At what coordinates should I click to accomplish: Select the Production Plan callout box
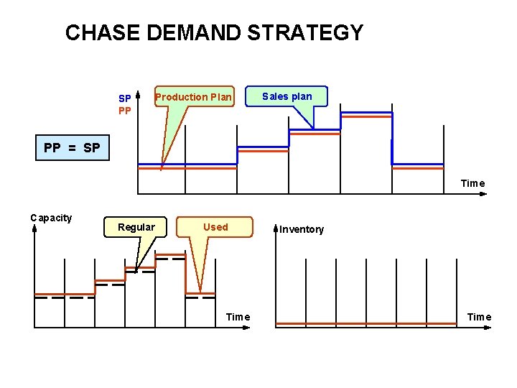[x=194, y=97]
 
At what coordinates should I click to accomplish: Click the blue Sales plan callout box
[x=287, y=96]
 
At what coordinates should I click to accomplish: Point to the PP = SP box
[x=72, y=148]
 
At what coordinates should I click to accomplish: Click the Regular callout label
[x=136, y=227]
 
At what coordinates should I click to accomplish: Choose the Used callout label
[x=215, y=227]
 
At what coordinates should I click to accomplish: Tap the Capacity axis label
[x=51, y=218]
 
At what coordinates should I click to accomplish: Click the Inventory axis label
[x=302, y=229]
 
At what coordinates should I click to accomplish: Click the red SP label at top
[x=125, y=98]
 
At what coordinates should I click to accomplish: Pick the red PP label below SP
[x=125, y=111]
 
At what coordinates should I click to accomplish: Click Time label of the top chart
[x=472, y=183]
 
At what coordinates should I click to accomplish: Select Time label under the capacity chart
[x=238, y=317]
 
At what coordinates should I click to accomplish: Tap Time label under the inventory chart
[x=479, y=317]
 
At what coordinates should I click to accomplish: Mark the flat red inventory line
[x=366, y=324]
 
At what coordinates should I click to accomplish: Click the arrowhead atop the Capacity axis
[x=35, y=229]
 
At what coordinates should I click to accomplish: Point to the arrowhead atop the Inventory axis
[x=276, y=229]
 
